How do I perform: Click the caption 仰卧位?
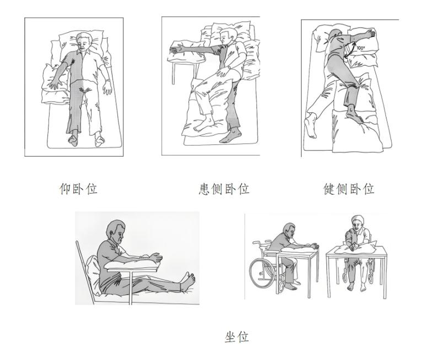[x=78, y=189]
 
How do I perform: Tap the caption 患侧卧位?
[x=224, y=189]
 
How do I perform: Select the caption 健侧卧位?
[x=349, y=189]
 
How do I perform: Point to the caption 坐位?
[x=237, y=336]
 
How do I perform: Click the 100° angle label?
[x=361, y=48]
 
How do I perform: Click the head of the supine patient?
[x=84, y=41]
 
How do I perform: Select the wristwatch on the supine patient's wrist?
[x=107, y=81]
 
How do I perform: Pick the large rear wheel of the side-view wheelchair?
[x=261, y=273]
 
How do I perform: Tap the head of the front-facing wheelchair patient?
[x=357, y=223]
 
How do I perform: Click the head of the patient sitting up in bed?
[x=116, y=230]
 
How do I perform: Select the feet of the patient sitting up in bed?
[x=188, y=281]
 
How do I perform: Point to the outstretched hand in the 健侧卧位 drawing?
[x=370, y=34]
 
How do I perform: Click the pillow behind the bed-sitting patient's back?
[x=93, y=273]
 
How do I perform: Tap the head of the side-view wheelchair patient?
[x=289, y=231]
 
